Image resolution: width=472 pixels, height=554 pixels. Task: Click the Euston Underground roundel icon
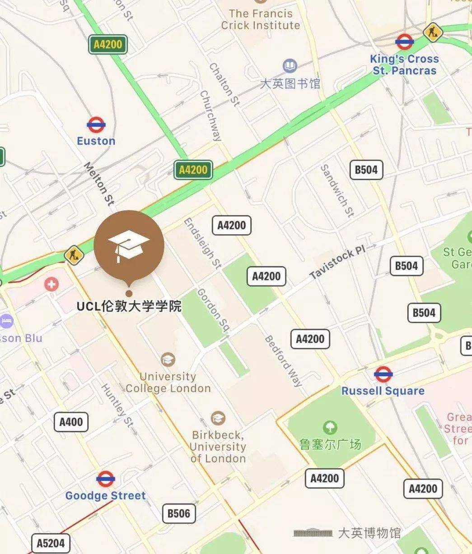[x=96, y=125]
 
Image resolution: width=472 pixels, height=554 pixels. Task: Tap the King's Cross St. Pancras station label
[x=404, y=65]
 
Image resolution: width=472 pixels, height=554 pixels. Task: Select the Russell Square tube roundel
[x=383, y=374]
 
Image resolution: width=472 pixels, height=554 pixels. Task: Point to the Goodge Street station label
[x=106, y=495]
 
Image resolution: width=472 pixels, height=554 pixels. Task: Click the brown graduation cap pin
[x=129, y=246]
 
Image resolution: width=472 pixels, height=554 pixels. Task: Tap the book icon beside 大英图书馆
[x=290, y=66]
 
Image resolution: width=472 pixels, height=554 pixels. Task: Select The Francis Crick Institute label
[x=260, y=19]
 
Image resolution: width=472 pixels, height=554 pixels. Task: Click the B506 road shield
[x=179, y=513]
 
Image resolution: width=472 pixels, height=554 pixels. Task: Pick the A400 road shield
[x=71, y=422]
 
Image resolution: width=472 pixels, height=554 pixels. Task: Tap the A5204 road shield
[x=51, y=543]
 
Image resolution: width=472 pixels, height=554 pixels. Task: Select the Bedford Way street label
[x=283, y=361]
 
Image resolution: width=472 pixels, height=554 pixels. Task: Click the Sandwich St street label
[x=337, y=190]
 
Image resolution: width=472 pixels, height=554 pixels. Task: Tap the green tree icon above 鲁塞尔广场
[x=330, y=427]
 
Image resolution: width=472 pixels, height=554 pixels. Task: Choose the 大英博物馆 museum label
[x=369, y=533]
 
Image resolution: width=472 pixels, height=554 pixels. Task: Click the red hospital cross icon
[x=51, y=284]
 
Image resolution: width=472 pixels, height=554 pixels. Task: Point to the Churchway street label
[x=210, y=115]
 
